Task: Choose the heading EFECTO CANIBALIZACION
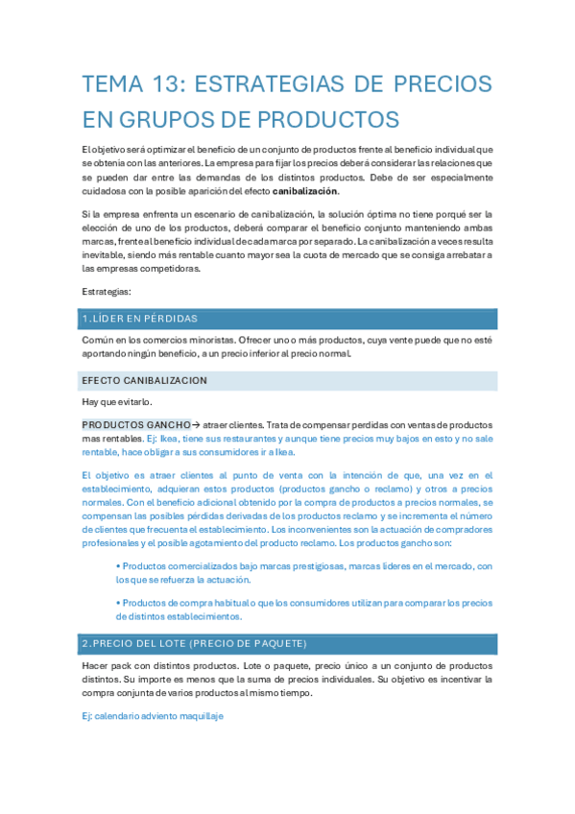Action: click(x=144, y=380)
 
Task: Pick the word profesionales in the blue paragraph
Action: click(x=114, y=542)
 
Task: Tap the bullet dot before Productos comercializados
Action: click(x=118, y=566)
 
